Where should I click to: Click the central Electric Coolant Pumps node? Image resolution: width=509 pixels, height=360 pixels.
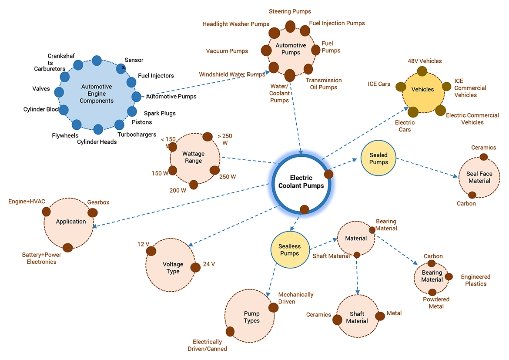(x=301, y=182)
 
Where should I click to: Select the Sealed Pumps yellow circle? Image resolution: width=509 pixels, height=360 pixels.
(x=378, y=158)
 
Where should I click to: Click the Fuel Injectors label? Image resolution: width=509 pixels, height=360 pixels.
(x=156, y=76)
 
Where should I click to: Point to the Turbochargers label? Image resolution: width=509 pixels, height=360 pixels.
(x=137, y=135)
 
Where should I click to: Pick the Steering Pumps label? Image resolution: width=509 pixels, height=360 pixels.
(x=290, y=11)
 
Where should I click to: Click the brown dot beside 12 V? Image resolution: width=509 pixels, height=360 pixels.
(x=151, y=251)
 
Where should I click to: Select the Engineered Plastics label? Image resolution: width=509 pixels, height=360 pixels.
(x=476, y=280)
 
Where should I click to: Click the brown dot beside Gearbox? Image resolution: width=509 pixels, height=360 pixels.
(x=93, y=212)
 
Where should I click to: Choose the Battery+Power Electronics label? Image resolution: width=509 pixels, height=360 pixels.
(x=42, y=258)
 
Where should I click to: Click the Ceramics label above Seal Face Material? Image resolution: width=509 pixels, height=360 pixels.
(x=483, y=148)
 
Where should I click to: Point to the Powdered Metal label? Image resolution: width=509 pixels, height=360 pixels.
(x=436, y=303)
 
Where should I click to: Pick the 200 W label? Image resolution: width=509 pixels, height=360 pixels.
(x=177, y=190)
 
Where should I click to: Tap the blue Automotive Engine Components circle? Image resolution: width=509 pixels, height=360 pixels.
(x=97, y=94)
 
